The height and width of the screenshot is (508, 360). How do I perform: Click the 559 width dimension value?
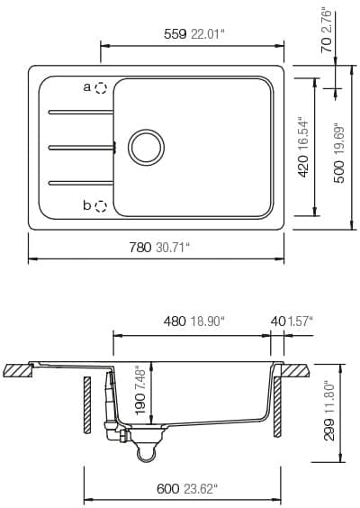pyautogui.click(x=175, y=34)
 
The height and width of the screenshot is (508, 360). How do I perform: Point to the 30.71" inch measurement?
pyautogui.click(x=173, y=248)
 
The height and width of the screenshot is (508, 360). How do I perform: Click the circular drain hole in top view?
pyautogui.click(x=146, y=146)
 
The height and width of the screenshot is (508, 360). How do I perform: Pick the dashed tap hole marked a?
pyautogui.click(x=101, y=88)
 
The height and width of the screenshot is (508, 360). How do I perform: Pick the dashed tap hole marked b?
pyautogui.click(x=101, y=206)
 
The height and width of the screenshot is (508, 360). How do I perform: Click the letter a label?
pyautogui.click(x=87, y=87)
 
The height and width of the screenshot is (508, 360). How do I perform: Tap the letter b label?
pyautogui.click(x=87, y=205)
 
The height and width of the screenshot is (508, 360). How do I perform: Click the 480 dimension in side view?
pyautogui.click(x=175, y=321)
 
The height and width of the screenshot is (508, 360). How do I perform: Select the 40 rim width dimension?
pyautogui.click(x=276, y=321)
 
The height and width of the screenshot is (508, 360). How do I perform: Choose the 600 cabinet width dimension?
pyautogui.click(x=167, y=489)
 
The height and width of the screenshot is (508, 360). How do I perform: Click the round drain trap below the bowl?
pyautogui.click(x=143, y=455)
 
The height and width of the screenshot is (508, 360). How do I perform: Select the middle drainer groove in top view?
pyautogui.click(x=81, y=145)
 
